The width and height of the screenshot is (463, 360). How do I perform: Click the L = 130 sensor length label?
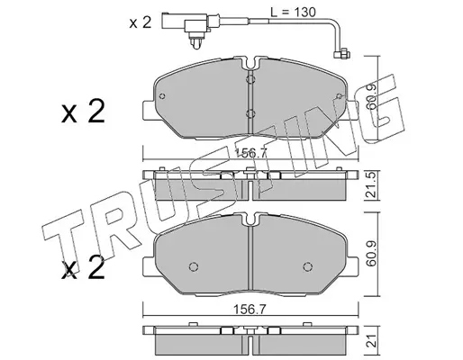(293, 13)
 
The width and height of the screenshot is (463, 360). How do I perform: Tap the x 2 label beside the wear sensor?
(141, 22)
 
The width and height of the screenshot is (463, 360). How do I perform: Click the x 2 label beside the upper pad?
(83, 112)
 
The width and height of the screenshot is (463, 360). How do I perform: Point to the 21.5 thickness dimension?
(372, 185)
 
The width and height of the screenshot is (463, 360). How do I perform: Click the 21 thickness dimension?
(372, 341)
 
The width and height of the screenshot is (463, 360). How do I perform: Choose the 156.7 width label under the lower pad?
(250, 310)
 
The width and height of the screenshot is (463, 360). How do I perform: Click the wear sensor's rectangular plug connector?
(185, 23)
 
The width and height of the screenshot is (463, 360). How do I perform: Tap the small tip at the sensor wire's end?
(342, 54)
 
